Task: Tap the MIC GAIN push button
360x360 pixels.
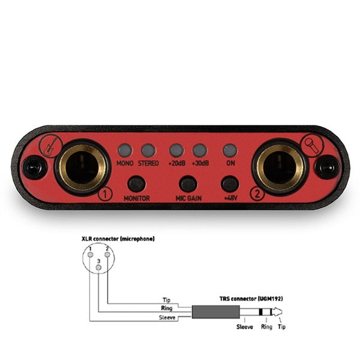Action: coord(188,184)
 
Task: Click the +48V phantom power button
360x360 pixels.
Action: coord(230,184)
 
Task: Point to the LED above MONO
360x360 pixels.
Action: coord(125,151)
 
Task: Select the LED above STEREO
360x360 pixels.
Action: coord(148,151)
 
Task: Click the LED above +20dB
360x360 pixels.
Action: coord(176,151)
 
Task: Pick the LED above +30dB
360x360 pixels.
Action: coord(200,151)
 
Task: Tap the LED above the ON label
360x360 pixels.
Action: coord(230,151)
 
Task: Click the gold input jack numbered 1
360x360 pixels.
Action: coord(82,167)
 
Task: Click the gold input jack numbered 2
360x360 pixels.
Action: coord(280,167)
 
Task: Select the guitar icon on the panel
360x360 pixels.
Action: coord(51,146)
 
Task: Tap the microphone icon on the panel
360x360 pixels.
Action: coord(312,146)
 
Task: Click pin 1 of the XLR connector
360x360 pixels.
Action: coord(91,254)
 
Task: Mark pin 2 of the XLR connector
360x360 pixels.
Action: coord(107,254)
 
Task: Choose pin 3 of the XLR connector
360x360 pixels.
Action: coord(99,268)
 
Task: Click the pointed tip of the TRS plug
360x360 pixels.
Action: coord(282,312)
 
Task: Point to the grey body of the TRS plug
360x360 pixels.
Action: coord(216,312)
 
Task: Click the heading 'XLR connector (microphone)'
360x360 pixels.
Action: coord(118,239)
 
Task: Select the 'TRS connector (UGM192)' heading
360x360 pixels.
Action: coord(251,299)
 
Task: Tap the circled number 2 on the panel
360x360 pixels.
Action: coord(258,194)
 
